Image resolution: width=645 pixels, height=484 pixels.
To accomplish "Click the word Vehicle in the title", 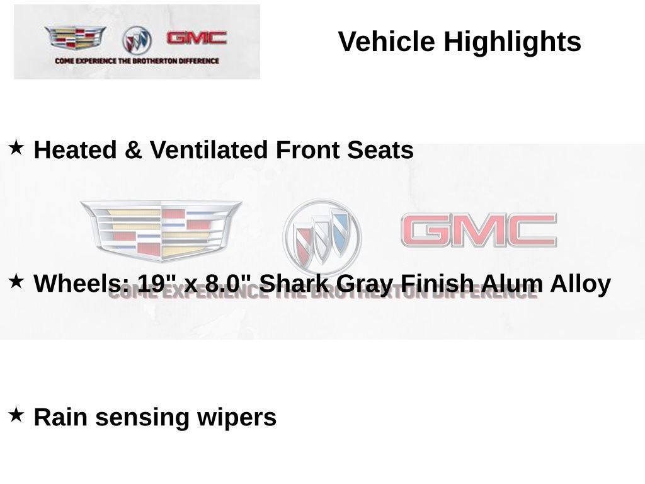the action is tap(386, 41).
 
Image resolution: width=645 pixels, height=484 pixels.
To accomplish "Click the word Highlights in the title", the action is tap(512, 42).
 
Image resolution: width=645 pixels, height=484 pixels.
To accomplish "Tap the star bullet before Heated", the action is tap(16, 147).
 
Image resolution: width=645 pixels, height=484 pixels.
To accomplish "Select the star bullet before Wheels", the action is tap(16, 281).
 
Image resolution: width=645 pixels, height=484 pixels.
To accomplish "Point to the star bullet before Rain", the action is tap(16, 415).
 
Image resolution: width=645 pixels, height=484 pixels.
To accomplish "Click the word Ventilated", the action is tap(208, 149).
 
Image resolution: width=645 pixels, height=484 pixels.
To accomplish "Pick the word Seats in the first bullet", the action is tap(380, 150).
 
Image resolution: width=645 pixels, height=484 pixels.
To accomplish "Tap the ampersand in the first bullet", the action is tap(133, 149).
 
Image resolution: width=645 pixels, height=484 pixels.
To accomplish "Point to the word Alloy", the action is tap(580, 284).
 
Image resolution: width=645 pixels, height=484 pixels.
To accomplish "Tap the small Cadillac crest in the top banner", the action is tap(76, 38).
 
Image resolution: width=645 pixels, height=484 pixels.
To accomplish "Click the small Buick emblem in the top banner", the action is tap(137, 40).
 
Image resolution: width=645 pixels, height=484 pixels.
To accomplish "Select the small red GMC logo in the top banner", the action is tap(197, 38).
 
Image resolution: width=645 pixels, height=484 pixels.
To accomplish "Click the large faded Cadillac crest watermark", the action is tap(161, 231).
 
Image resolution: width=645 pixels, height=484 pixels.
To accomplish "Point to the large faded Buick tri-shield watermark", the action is tap(322, 237).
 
